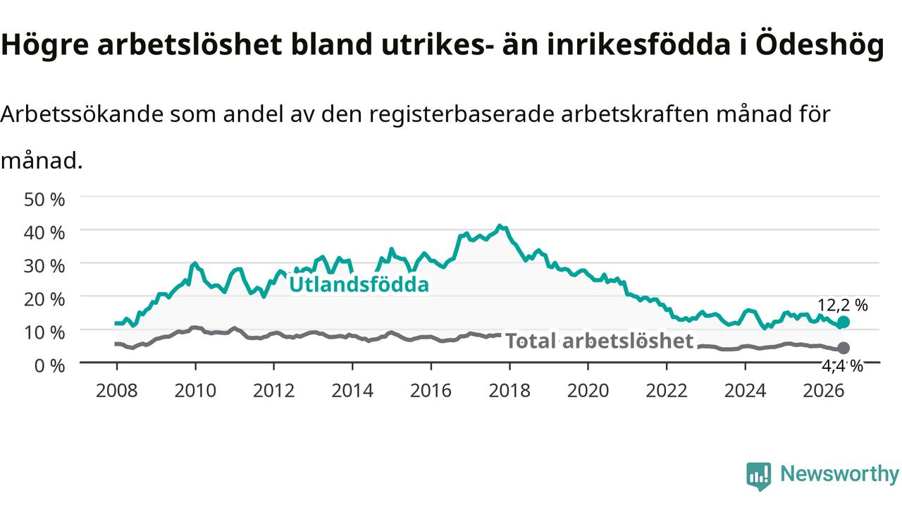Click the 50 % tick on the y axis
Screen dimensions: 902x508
(44, 199)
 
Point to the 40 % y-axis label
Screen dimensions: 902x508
(44, 233)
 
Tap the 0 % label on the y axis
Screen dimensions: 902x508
(49, 365)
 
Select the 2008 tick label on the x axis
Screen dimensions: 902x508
(117, 391)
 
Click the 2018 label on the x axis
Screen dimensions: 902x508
(509, 391)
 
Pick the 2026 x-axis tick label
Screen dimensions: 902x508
(824, 391)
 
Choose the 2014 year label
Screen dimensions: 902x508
(352, 391)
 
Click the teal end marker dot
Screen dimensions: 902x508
(844, 322)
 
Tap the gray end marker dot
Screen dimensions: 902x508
(844, 348)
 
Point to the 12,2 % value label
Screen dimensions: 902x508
(842, 306)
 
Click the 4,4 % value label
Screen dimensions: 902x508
(842, 365)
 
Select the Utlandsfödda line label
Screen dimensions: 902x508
(359, 284)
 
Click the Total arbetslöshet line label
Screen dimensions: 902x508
(599, 341)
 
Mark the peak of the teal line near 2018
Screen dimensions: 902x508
(500, 226)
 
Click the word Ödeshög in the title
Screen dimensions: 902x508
(820, 44)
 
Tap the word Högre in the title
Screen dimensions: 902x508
(44, 45)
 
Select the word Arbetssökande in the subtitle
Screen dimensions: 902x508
(82, 114)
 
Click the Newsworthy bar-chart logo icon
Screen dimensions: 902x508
(759, 476)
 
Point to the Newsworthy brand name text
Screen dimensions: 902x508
(839, 473)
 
